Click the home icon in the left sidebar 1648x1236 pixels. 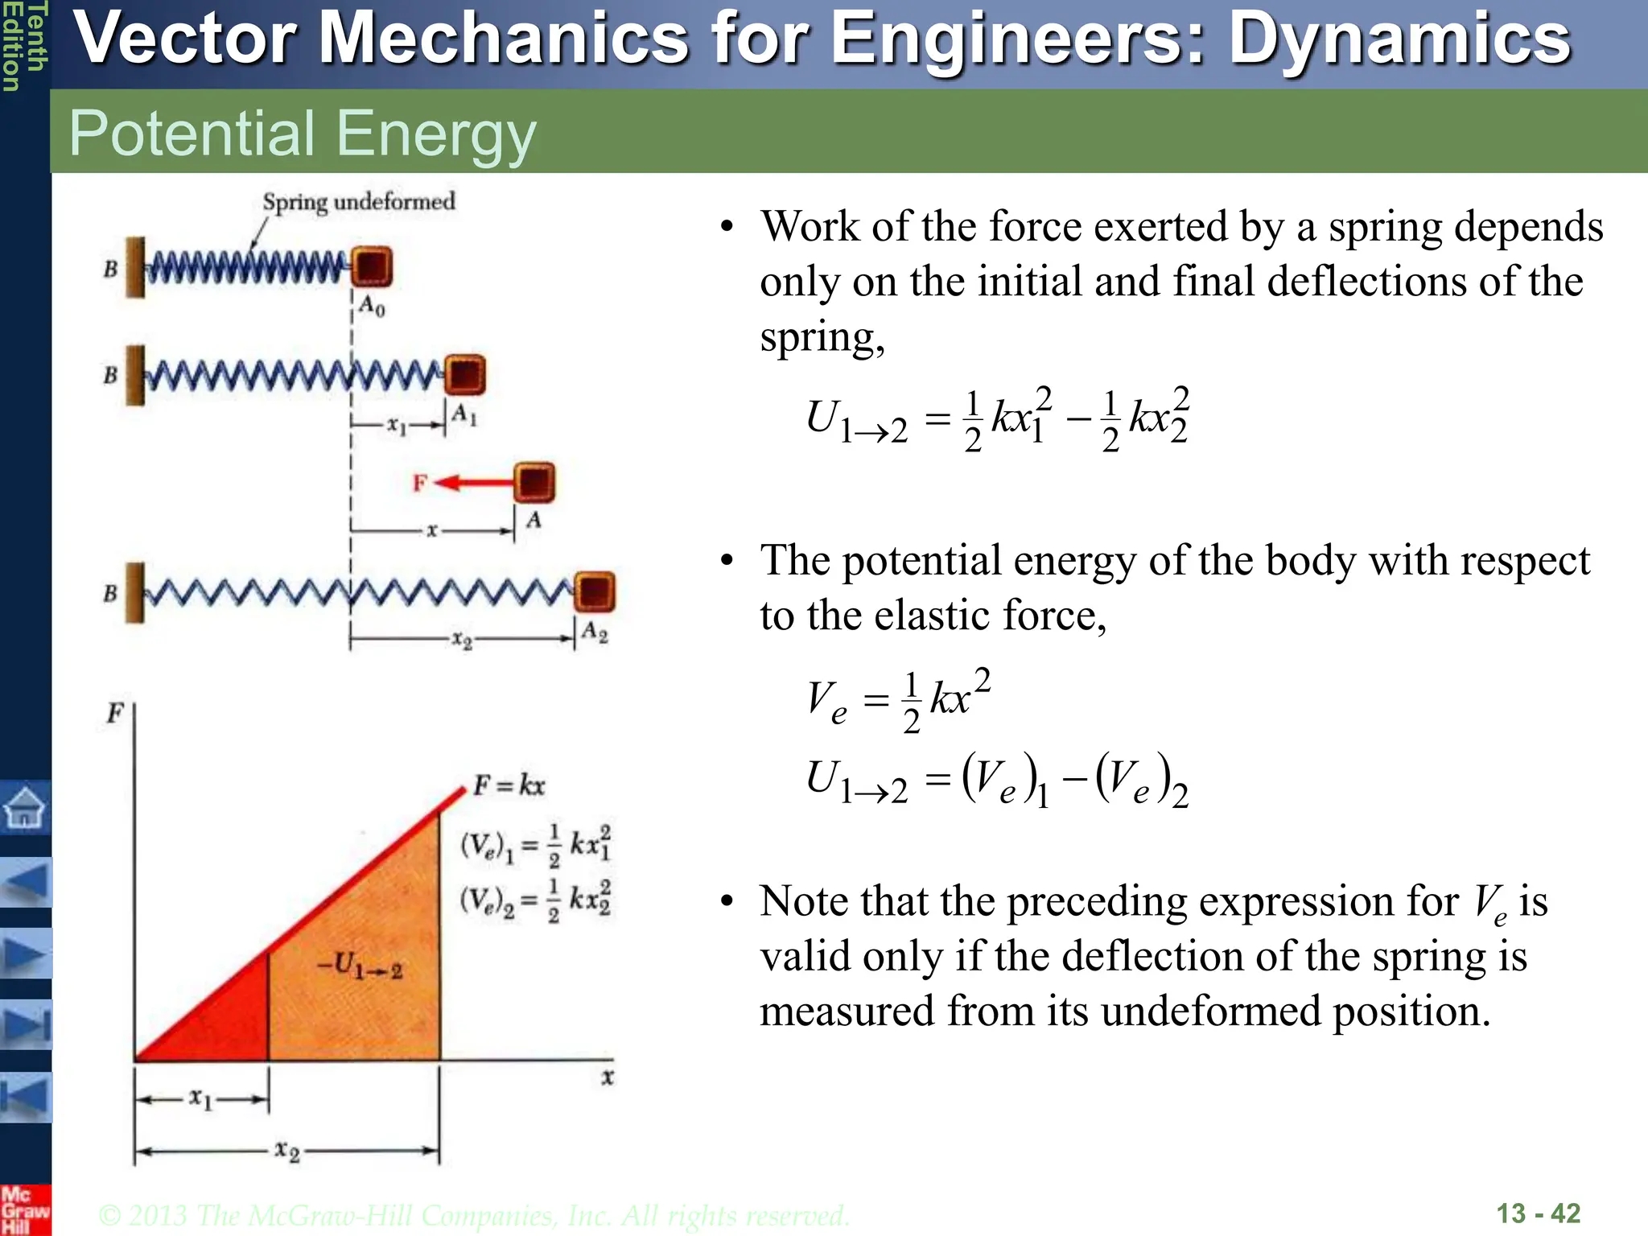[x=25, y=807]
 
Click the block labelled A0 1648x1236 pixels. [x=372, y=266]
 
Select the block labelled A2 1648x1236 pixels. [x=595, y=592]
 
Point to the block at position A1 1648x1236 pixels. [x=464, y=375]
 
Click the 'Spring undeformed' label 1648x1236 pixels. [x=359, y=201]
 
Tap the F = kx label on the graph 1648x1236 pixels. [x=509, y=785]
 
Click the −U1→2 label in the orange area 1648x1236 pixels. [x=359, y=966]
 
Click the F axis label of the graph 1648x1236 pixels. [x=116, y=713]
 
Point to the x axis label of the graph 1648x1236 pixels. [x=608, y=1077]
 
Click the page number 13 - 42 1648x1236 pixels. [x=1538, y=1213]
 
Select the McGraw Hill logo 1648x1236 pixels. [x=24, y=1209]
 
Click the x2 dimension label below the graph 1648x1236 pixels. [x=286, y=1151]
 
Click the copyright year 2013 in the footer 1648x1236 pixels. [x=159, y=1215]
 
